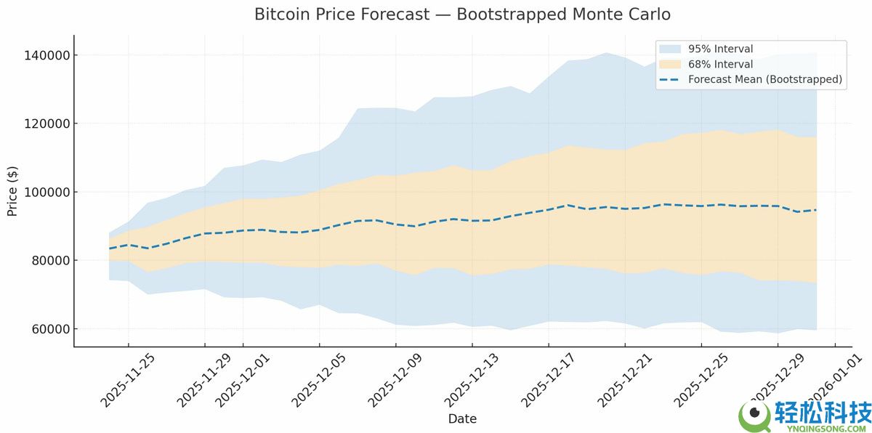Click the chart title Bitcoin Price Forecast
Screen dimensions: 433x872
[462, 15]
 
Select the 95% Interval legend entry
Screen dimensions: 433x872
[720, 49]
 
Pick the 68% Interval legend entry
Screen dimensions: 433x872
[720, 64]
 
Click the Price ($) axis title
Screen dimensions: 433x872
[12, 191]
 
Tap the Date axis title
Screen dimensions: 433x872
[462, 419]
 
